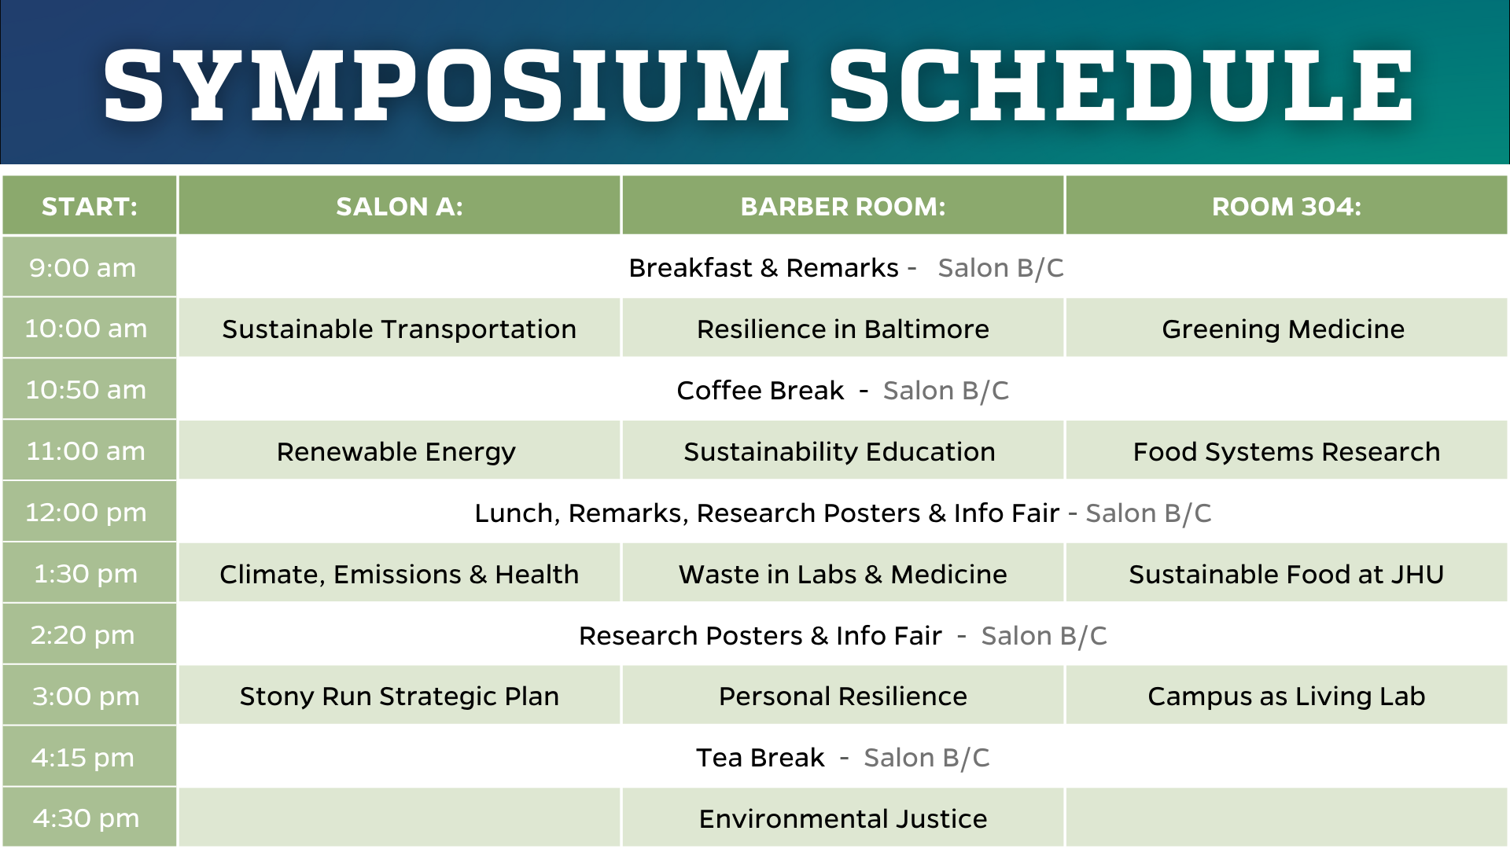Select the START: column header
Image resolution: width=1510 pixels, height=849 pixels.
tap(90, 206)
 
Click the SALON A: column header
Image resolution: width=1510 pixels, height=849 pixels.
tap(400, 206)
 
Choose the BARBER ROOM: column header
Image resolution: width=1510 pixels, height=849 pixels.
tap(843, 206)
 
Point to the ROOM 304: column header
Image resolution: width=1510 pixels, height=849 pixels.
tap(1287, 206)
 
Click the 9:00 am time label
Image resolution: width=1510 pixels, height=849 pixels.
tap(83, 268)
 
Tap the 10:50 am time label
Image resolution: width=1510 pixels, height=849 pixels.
tap(86, 390)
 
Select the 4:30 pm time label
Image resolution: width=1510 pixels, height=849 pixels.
tap(86, 818)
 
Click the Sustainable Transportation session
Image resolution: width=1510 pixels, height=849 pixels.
tap(400, 329)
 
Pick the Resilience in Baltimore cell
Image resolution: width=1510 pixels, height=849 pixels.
tap(843, 329)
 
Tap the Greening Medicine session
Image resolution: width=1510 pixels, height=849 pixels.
tap(1283, 329)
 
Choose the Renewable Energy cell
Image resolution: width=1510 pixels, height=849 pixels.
tap(396, 451)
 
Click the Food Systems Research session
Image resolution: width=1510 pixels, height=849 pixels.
tap(1287, 451)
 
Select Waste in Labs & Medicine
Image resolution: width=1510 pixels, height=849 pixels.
tap(843, 574)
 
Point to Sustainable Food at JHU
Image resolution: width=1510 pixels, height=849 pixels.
tap(1287, 574)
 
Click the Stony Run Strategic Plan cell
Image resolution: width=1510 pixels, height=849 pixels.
tap(400, 696)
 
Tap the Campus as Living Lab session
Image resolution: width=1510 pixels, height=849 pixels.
tap(1287, 696)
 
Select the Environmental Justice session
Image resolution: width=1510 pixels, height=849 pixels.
tap(843, 819)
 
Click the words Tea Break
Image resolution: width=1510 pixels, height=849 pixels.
tap(761, 758)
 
